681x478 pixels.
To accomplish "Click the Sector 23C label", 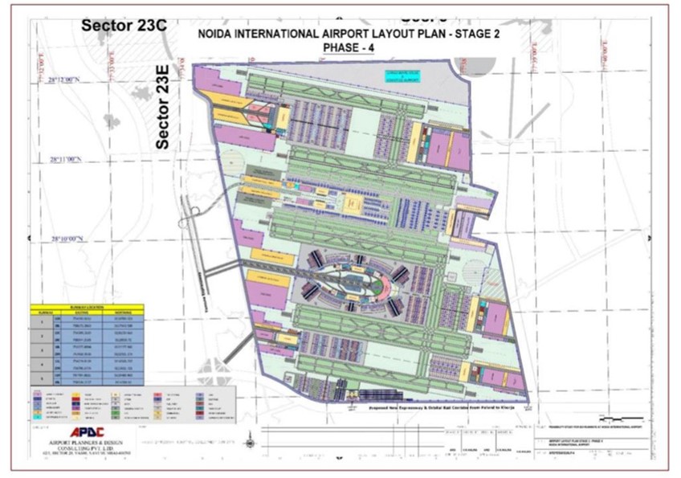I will click(124, 25).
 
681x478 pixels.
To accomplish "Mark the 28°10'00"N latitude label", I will click(66, 239).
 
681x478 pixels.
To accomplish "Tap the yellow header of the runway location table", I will click(86, 308).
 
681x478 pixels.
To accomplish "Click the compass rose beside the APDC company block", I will click(252, 440).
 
